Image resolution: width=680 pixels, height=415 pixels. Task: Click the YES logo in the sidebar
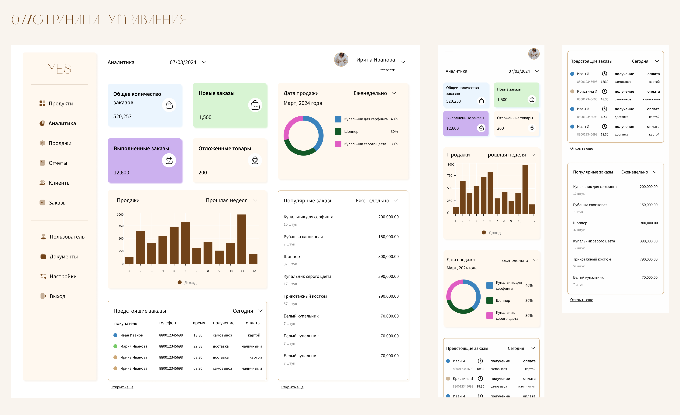[60, 69]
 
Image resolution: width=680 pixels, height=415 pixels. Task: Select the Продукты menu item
[61, 104]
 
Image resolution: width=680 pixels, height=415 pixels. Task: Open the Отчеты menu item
[58, 163]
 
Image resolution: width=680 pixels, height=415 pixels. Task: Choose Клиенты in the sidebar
[59, 183]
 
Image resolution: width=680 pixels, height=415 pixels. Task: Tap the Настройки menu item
[63, 276]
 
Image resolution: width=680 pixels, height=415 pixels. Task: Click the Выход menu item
[57, 296]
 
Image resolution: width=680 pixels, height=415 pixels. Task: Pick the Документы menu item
[64, 257]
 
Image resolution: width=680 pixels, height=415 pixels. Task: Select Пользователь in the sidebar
[67, 237]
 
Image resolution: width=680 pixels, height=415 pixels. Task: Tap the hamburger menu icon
[449, 54]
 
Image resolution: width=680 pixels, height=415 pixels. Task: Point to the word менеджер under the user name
[387, 69]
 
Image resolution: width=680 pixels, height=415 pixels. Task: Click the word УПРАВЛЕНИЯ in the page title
[147, 20]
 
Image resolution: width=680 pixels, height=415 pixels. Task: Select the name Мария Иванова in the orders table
[134, 346]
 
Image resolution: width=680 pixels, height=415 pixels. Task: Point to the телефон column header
[167, 323]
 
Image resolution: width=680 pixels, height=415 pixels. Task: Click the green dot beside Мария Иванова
[115, 346]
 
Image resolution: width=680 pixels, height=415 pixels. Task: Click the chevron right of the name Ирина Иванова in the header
[403, 62]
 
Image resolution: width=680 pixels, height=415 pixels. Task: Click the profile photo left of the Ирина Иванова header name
[341, 60]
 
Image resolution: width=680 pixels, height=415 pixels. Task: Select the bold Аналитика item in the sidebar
[62, 123]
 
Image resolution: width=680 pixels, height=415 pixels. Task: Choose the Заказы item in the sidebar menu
[57, 203]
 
